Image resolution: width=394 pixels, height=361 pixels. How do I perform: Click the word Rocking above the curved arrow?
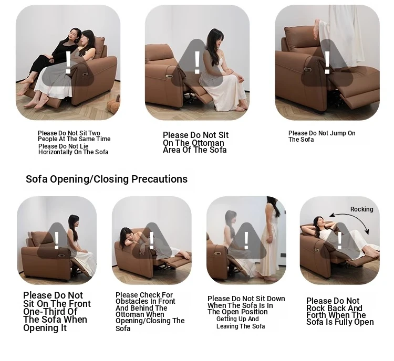point(361,209)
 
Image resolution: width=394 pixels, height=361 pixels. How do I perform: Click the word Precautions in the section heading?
point(159,179)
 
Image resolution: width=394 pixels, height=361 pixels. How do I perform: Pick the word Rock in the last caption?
point(315,308)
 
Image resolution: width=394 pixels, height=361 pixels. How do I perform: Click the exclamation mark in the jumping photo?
point(327,63)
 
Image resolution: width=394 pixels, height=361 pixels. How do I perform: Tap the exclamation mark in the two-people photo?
point(68,62)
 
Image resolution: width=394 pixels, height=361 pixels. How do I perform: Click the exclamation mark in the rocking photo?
point(339,241)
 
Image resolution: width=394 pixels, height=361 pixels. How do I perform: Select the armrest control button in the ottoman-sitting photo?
point(169,76)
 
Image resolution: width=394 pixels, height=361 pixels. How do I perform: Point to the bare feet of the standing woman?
point(270,278)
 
